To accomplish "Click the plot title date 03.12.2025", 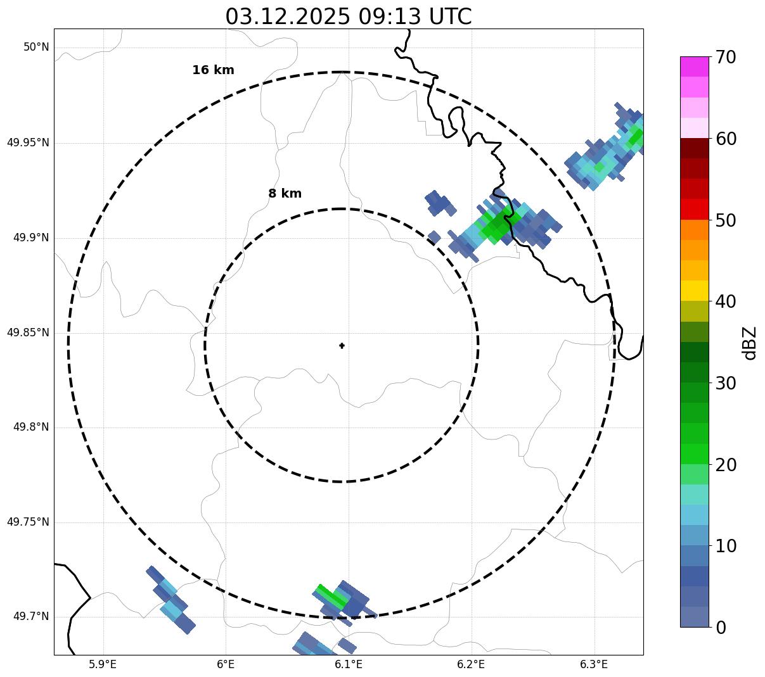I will coord(287,16).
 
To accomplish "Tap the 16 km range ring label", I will coord(213,70).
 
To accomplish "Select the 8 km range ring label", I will coord(285,194).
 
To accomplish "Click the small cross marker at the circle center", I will coord(342,345).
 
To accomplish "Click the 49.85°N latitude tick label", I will coord(28,332).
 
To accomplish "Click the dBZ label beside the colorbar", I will coord(750,343).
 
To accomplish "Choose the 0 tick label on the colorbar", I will coord(721,628).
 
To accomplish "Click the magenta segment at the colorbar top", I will coord(694,66).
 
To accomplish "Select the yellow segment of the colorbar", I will coord(694,291).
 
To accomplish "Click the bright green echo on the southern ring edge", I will coord(331,596).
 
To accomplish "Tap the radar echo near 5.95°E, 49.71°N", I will coord(170,599).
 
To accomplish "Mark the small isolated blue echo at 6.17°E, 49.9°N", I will coord(434,237).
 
